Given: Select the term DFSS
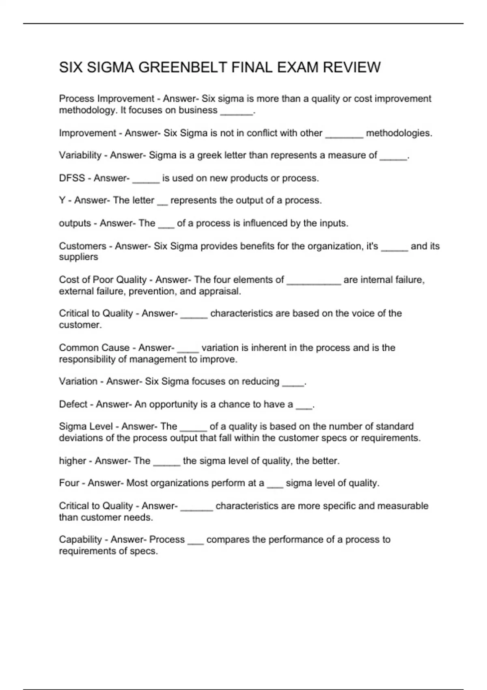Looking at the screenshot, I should (72, 178).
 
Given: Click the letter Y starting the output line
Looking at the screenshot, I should (62, 201).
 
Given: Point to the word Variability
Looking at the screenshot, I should (80, 155).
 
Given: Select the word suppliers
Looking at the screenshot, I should (78, 257).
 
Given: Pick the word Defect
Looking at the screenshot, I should (73, 404).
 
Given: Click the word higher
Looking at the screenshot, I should (73, 461).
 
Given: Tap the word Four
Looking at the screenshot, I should (69, 483).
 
